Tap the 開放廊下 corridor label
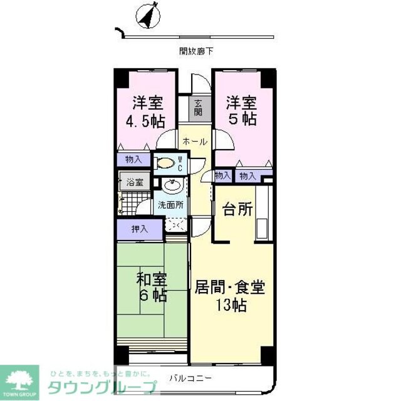[x=195, y=51]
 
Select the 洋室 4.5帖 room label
[x=147, y=112]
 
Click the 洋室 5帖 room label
[x=241, y=110]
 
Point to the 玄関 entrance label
[x=198, y=108]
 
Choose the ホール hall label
[x=195, y=142]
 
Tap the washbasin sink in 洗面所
[x=170, y=185]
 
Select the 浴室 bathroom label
[x=135, y=183]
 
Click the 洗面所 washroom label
[x=170, y=204]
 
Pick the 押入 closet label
[x=139, y=229]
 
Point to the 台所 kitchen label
[x=238, y=209]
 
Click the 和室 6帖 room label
[x=152, y=286]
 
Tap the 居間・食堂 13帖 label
[x=229, y=296]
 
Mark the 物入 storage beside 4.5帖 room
[x=133, y=160]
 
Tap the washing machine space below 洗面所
[x=175, y=225]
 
